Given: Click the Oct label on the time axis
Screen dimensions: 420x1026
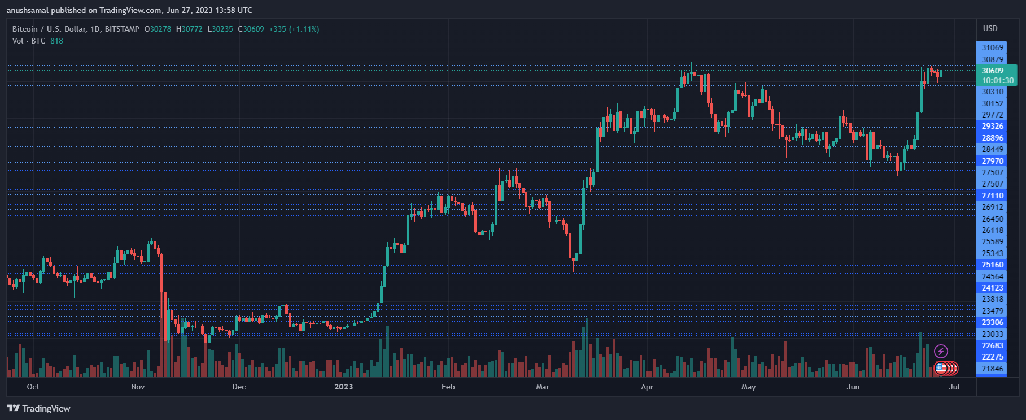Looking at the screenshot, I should click(x=33, y=387).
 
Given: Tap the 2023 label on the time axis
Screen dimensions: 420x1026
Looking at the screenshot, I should click(x=343, y=387).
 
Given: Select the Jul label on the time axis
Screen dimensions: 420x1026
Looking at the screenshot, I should click(x=954, y=387).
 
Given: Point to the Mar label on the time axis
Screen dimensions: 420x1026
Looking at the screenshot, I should click(x=543, y=387).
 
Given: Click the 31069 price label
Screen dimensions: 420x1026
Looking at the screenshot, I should click(x=992, y=47).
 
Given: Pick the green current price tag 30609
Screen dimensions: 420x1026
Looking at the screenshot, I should click(x=992, y=71).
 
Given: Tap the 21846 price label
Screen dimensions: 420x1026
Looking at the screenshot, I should click(x=992, y=369).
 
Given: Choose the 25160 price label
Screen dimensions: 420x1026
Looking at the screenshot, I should click(x=992, y=265).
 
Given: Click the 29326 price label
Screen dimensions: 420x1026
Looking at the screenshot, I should click(x=992, y=126).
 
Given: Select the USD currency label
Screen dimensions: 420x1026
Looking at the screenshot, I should click(x=990, y=28).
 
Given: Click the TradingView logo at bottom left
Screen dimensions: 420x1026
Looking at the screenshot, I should click(x=38, y=408).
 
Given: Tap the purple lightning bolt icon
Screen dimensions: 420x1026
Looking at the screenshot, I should click(x=941, y=352).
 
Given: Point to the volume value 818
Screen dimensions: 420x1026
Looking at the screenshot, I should click(x=56, y=41).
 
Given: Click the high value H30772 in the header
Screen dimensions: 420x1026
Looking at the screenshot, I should click(x=189, y=29).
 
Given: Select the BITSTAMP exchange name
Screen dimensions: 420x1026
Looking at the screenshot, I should click(x=121, y=29).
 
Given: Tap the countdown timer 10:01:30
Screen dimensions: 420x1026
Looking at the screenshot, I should click(x=997, y=80).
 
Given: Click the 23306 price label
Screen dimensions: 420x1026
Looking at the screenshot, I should click(x=992, y=322).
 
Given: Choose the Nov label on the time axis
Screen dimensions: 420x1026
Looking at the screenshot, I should click(x=138, y=387).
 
